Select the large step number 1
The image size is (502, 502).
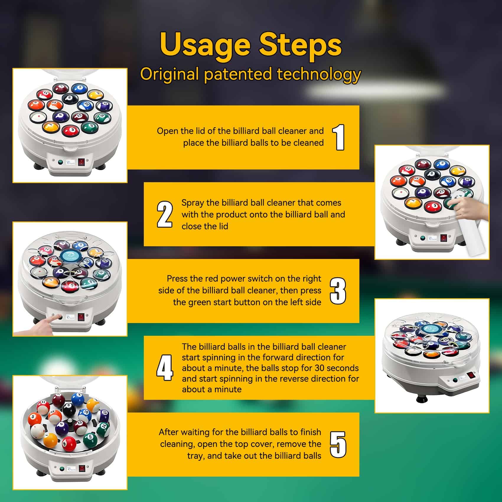point(339,137)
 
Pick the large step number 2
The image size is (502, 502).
point(164,214)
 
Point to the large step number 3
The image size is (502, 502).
point(338,291)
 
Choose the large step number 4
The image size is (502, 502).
point(164,368)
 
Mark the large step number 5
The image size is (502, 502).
point(338,444)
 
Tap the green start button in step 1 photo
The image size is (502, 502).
point(61,162)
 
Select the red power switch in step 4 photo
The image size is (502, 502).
point(470,376)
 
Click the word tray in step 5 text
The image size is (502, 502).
point(196,456)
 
